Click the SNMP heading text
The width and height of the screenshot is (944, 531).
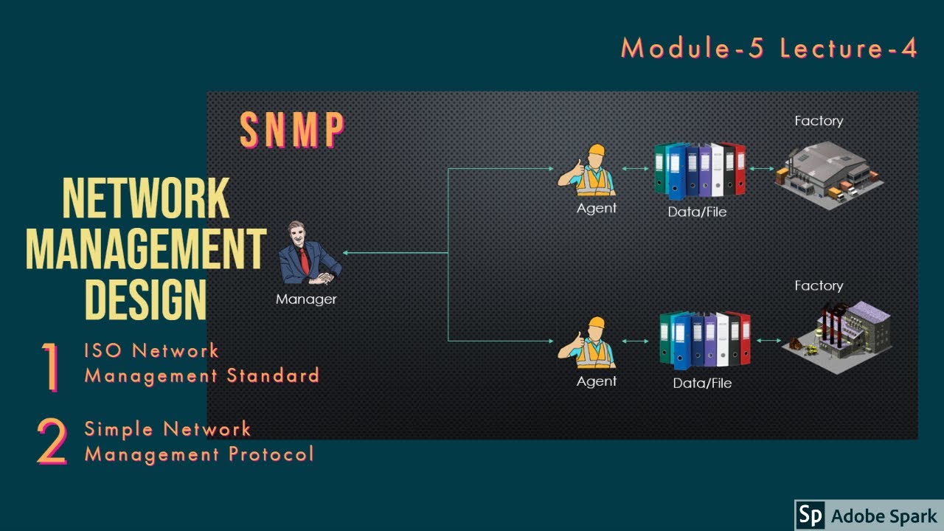pyautogui.click(x=293, y=131)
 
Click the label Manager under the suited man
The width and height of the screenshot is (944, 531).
pyautogui.click(x=306, y=299)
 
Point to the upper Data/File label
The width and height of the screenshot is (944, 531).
pyautogui.click(x=698, y=212)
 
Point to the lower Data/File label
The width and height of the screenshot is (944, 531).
pyautogui.click(x=702, y=383)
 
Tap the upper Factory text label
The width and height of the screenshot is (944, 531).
pyautogui.click(x=819, y=121)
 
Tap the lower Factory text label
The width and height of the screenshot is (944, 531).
pyautogui.click(x=819, y=285)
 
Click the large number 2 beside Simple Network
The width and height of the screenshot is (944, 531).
pyautogui.click(x=52, y=442)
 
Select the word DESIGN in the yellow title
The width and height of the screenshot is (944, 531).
pyautogui.click(x=146, y=299)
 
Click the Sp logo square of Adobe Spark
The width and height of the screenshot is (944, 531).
pyautogui.click(x=810, y=515)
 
